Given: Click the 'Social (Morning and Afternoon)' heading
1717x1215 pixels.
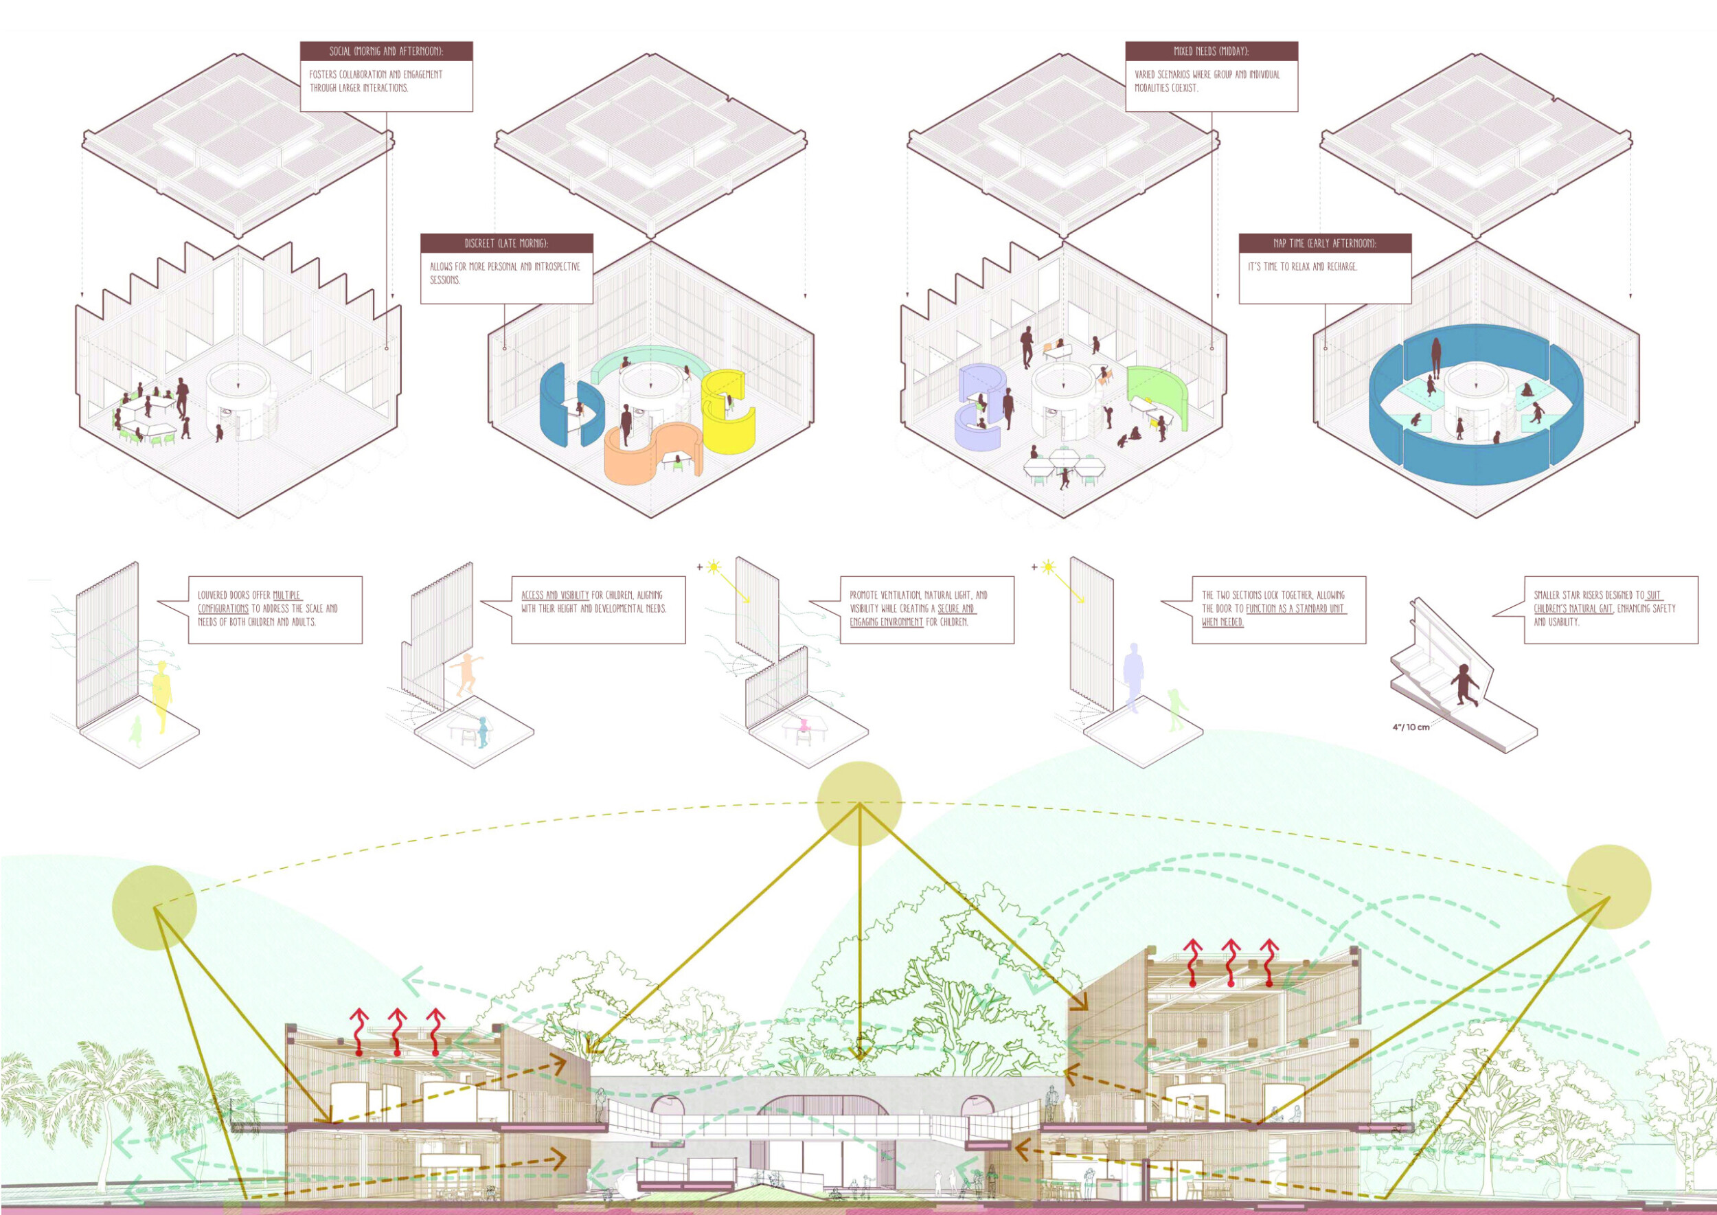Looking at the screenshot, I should coord(386,52).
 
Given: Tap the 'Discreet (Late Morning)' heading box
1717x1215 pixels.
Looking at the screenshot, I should coord(506,243).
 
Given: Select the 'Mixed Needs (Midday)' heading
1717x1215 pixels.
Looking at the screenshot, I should coord(1211,52).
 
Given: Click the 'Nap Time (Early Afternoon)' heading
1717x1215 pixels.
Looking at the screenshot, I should coord(1325,243).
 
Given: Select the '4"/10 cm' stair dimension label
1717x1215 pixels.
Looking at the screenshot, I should coord(1411,727).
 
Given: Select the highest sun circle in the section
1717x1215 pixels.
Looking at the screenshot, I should coord(859,804).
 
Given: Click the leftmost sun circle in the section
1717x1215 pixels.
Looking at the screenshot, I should coord(154,907).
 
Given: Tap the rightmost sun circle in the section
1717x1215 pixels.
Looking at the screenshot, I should coord(1608,887).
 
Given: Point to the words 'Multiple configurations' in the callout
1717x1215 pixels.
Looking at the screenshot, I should coord(249,602).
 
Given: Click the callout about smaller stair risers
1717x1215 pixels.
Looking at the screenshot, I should coord(1611,609).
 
